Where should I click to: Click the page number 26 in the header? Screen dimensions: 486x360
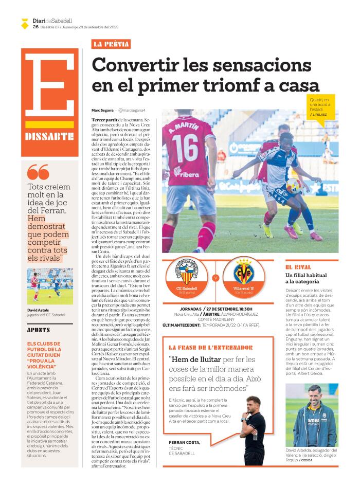click(x=35, y=27)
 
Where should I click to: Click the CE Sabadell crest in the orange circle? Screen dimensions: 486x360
click(x=186, y=272)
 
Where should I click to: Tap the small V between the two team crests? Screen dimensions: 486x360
click(x=215, y=278)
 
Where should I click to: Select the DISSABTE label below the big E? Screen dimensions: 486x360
click(x=49, y=136)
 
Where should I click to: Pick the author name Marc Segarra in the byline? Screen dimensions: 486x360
click(x=102, y=111)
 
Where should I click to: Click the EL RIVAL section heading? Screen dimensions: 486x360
click(x=298, y=267)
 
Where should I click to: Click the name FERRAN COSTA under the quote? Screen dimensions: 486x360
click(x=184, y=442)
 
